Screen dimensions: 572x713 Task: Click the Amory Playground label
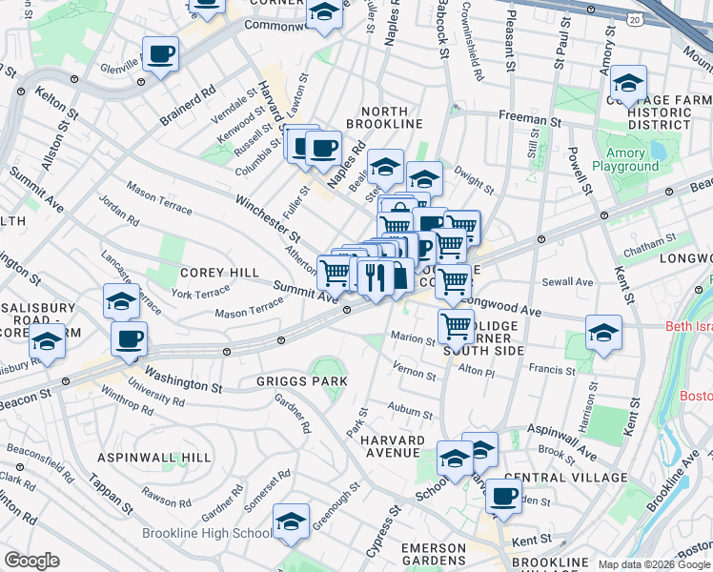[625, 159]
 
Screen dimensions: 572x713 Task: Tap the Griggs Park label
[301, 381]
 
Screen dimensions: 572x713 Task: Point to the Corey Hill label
[219, 273]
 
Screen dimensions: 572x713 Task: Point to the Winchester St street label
[269, 217]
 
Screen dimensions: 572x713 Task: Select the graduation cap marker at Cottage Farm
[628, 83]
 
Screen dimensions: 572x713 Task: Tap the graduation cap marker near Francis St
[602, 333]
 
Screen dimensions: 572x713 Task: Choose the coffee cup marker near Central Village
[503, 496]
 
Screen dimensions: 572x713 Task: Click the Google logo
[32, 561]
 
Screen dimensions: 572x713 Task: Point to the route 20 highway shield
[635, 18]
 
